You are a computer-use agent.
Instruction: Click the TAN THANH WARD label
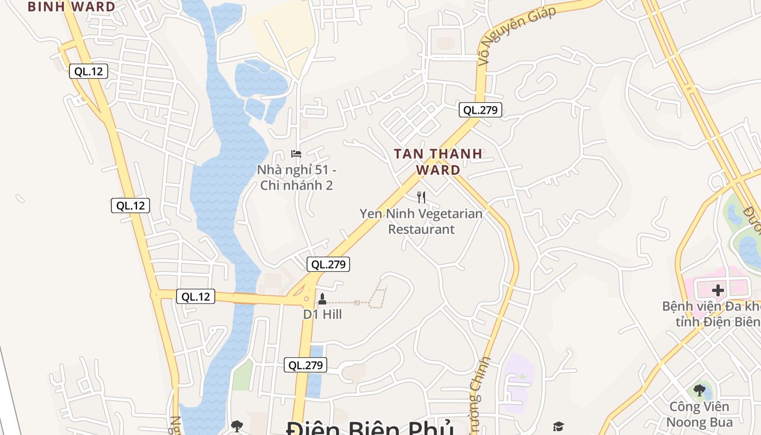pos(438,161)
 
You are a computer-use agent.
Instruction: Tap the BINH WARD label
pos(71,7)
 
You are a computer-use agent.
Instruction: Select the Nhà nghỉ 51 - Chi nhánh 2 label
pos(297,177)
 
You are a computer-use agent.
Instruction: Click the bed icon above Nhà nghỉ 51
pos(296,154)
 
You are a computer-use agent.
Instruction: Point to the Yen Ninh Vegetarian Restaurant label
pos(421,221)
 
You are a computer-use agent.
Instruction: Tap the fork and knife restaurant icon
pos(421,197)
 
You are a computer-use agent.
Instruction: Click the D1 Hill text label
pos(322,314)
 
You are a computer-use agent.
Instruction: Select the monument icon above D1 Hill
pos(322,299)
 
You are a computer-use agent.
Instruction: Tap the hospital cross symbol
pos(718,290)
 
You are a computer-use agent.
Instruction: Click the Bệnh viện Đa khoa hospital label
pos(711,313)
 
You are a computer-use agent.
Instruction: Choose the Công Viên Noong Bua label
pos(699,414)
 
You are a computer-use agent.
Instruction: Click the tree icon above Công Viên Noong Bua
pos(700,390)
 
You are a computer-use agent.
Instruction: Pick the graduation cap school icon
pos(558,426)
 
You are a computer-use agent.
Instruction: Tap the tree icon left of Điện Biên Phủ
pos(237,426)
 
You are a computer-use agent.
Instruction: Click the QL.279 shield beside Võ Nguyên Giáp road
pos(480,110)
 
